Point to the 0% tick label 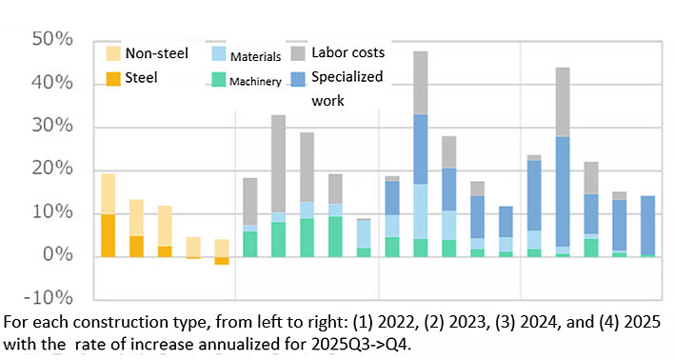pos(59,256)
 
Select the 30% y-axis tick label pos(53,127)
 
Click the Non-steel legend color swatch pos(112,53)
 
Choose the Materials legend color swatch pos(217,54)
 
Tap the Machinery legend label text pos(255,82)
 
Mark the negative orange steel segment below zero pos(221,260)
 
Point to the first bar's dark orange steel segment pos(108,235)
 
